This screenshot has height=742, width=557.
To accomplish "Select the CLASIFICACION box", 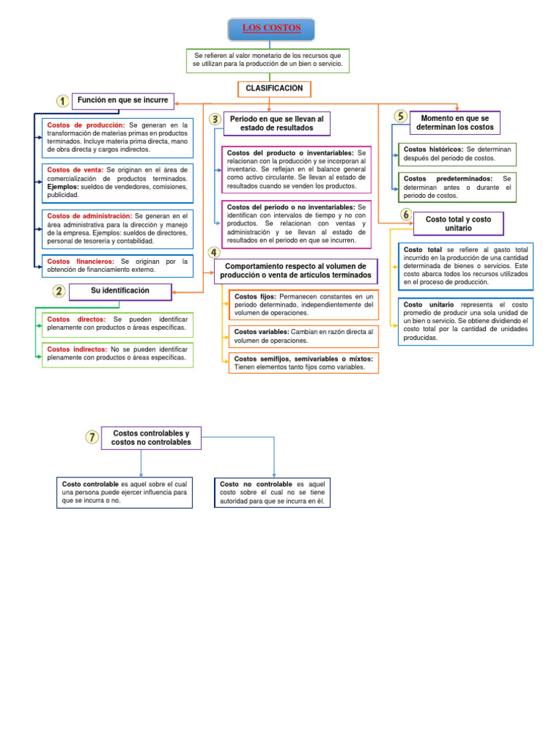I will click(274, 88).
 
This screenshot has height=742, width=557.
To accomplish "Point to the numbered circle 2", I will click(59, 291).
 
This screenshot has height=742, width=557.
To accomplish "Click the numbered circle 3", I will click(215, 119).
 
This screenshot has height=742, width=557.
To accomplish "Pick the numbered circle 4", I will click(214, 252).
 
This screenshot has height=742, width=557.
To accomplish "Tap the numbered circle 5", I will click(400, 116).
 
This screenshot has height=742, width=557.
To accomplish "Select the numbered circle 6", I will click(405, 214).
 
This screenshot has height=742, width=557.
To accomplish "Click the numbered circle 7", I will click(91, 436).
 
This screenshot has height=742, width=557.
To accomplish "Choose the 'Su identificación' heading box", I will click(120, 291).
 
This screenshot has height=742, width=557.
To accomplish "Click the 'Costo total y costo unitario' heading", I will click(458, 223).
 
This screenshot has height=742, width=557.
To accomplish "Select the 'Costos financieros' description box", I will click(117, 265).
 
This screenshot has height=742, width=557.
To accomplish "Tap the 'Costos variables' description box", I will click(303, 335).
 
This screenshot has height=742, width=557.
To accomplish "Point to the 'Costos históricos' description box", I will click(457, 154).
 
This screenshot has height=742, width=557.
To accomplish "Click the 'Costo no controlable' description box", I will click(272, 492).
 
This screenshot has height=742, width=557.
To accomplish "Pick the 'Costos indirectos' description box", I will click(117, 353).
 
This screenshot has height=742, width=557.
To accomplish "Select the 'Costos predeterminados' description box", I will click(457, 186).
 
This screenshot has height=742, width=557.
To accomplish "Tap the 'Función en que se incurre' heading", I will click(123, 101).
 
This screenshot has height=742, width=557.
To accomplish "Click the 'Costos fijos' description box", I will click(303, 305).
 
